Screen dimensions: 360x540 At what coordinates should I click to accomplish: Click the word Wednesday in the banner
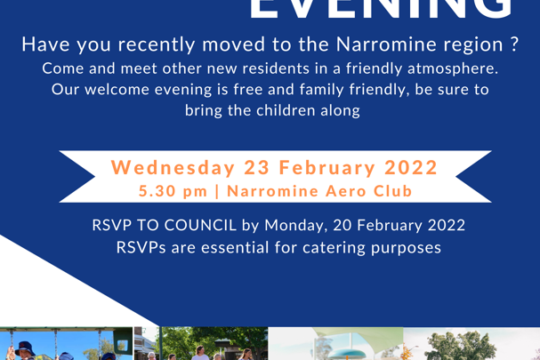[165, 167]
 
